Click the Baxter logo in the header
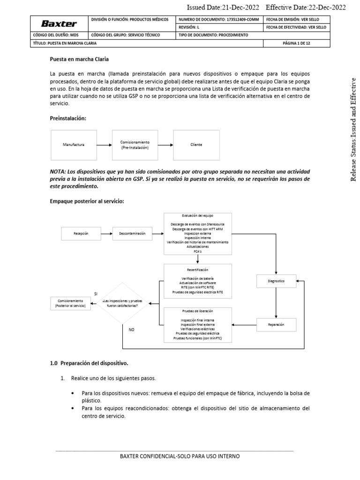[x=59, y=23]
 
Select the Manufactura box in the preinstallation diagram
[x=74, y=145]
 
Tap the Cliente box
[x=196, y=145]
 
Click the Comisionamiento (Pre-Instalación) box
[x=135, y=145]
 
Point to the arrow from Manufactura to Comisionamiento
[x=104, y=145]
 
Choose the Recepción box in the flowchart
[x=81, y=233]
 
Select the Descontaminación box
[x=132, y=233]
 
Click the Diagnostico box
[x=276, y=281]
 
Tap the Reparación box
[x=276, y=324]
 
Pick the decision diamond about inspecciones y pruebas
[x=123, y=303]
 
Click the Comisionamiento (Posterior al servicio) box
[x=70, y=303]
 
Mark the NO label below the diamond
[x=131, y=330]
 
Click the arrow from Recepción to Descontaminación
[x=106, y=233]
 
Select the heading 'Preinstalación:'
[x=68, y=119]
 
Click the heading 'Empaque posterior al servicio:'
[x=87, y=201]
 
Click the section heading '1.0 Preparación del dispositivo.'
[x=89, y=363]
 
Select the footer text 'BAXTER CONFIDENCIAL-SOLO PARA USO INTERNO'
[x=180, y=456]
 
